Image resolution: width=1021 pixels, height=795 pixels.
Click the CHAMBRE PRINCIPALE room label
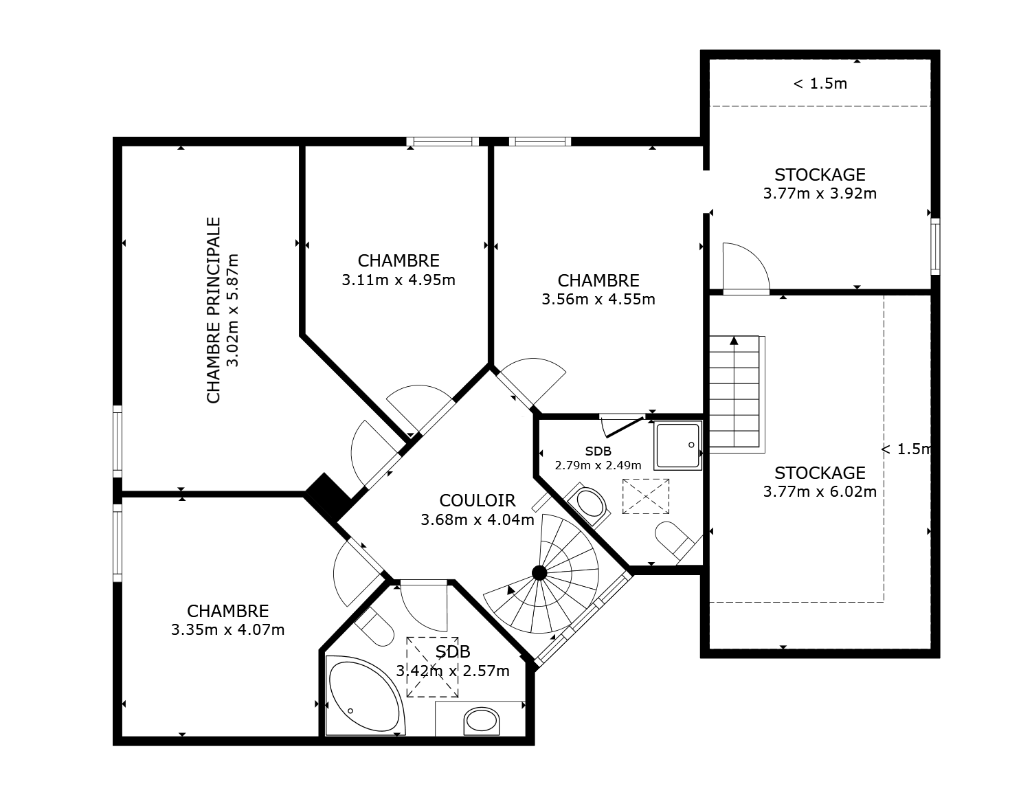214,311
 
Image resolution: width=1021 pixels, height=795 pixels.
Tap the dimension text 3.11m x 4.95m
399,280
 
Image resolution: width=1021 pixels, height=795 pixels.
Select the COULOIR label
477,500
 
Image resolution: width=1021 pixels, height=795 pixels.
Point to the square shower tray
677,445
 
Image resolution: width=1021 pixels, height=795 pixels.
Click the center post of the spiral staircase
539,572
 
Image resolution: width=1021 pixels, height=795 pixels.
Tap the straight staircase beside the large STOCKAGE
735,394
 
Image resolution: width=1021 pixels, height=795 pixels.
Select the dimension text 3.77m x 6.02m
820,492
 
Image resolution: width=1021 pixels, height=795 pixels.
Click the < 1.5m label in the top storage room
820,84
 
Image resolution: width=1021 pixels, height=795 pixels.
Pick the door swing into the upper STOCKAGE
745,268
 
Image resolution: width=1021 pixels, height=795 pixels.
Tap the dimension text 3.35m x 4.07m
227,630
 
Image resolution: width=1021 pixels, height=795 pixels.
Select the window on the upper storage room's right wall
934,246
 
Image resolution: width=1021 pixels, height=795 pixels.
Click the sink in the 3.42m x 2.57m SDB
481,721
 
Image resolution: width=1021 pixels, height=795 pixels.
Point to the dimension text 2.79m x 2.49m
598,465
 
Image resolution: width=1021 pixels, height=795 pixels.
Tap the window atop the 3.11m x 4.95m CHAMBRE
442,142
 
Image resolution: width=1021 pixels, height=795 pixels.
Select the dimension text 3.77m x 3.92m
820,194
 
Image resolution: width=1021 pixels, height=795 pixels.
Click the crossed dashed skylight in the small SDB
645,495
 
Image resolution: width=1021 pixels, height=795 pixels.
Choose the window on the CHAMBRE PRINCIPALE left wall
117,441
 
